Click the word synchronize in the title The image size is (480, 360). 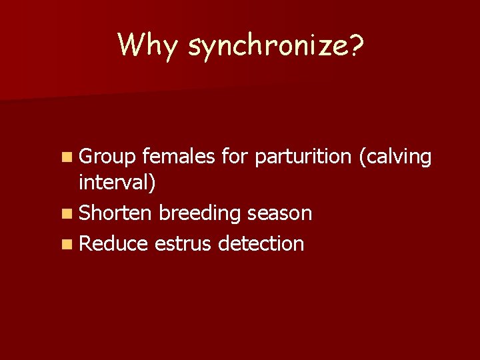pos(267,45)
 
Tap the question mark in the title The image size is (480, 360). pos(356,45)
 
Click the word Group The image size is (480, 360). pos(107,157)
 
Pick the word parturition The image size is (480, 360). pos(303,157)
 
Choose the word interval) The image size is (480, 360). pos(117,183)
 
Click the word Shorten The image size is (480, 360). pos(115,213)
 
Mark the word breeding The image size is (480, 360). pos(201,213)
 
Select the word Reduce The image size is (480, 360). pos(113,243)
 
